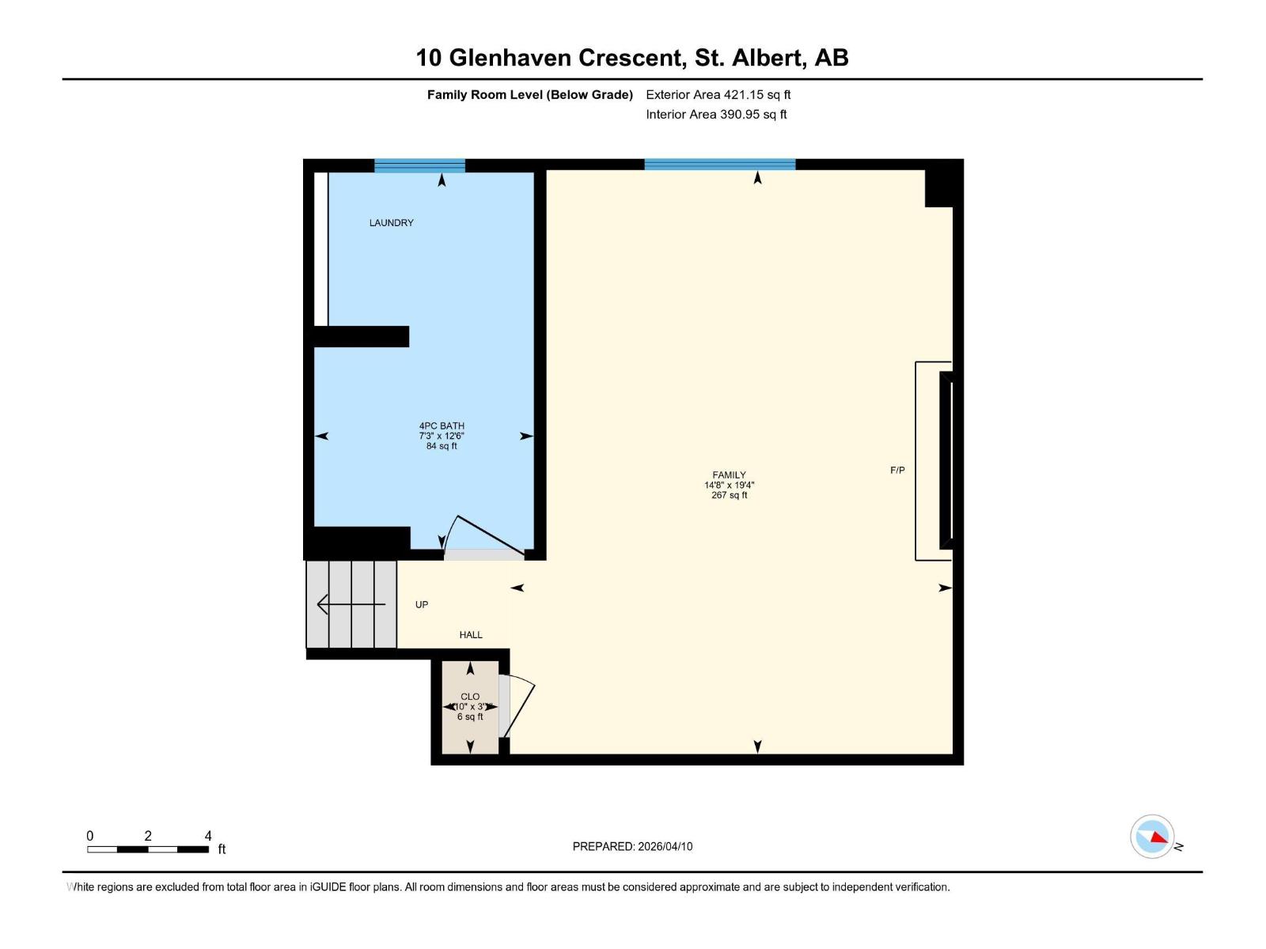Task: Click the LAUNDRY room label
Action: pyautogui.click(x=391, y=223)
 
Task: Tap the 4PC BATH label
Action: pyautogui.click(x=442, y=425)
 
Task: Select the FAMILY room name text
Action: pyautogui.click(x=729, y=475)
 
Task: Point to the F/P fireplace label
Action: pyautogui.click(x=897, y=471)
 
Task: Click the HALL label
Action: pyautogui.click(x=471, y=634)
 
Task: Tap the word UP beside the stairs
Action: pyautogui.click(x=422, y=605)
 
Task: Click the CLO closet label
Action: pyautogui.click(x=470, y=697)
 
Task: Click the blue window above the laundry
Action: pyautogui.click(x=419, y=165)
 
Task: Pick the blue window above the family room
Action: pyautogui.click(x=719, y=164)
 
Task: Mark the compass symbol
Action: pyautogui.click(x=1152, y=837)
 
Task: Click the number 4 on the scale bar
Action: pyautogui.click(x=208, y=836)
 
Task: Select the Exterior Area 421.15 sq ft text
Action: pyautogui.click(x=718, y=95)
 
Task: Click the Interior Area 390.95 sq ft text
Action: pyautogui.click(x=716, y=115)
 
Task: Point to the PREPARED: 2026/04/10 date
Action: pyautogui.click(x=632, y=846)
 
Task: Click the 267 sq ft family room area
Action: pyautogui.click(x=729, y=495)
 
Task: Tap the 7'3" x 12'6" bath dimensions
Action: pyautogui.click(x=442, y=436)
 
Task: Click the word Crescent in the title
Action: pyautogui.click(x=631, y=58)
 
